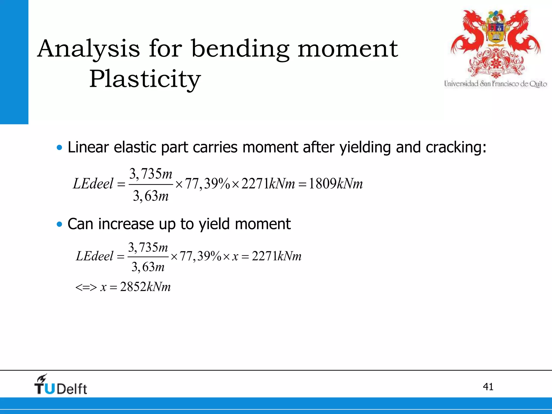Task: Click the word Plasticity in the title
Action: tap(145, 79)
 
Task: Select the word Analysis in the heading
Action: tap(89, 49)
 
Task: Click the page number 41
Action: tap(488, 387)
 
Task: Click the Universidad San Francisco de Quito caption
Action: tap(495, 84)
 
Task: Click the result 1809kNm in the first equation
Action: tap(336, 184)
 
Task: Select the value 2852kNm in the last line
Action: tap(145, 287)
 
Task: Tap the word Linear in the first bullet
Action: tap(88, 147)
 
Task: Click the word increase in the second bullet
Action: tap(126, 224)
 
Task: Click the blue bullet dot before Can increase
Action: tap(60, 224)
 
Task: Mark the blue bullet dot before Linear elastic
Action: tap(60, 148)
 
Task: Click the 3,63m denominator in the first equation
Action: tap(151, 196)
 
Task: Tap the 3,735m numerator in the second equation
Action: tap(148, 247)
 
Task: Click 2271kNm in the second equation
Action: tap(277, 256)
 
